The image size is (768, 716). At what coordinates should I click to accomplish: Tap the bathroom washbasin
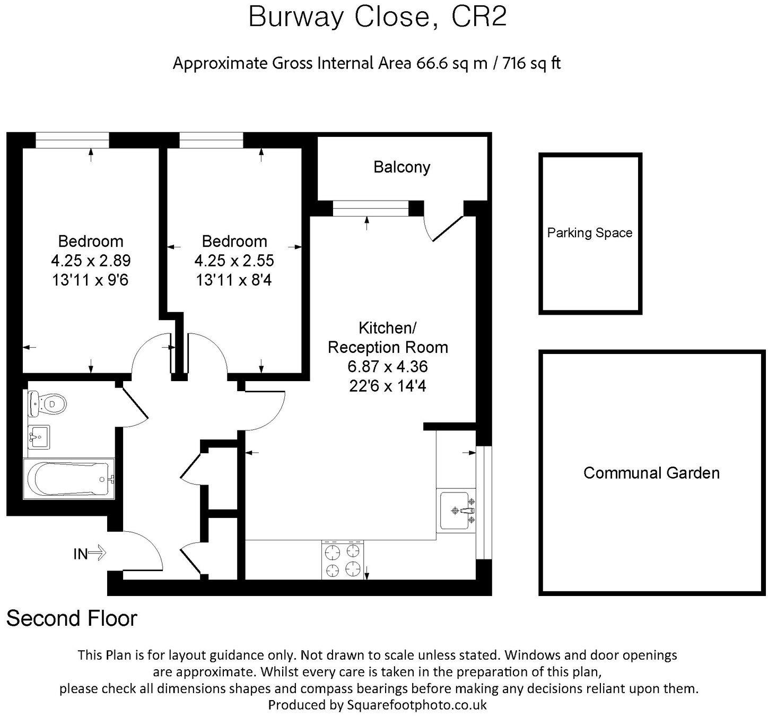click(x=38, y=437)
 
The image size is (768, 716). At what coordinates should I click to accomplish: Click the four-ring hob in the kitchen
click(x=343, y=560)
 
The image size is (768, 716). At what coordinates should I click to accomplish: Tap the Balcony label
click(x=402, y=167)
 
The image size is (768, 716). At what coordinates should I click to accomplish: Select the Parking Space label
click(x=589, y=232)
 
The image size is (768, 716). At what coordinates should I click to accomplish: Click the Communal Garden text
click(x=651, y=473)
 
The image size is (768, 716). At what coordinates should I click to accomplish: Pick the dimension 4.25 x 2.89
click(x=91, y=261)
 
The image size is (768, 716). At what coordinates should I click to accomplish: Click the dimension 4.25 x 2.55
click(x=234, y=261)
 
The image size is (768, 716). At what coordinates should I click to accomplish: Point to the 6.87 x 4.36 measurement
click(x=388, y=367)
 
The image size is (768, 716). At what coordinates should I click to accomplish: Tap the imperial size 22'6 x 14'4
click(x=388, y=386)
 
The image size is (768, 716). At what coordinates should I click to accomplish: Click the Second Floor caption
click(x=72, y=618)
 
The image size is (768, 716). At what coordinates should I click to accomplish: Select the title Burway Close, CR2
click(x=378, y=17)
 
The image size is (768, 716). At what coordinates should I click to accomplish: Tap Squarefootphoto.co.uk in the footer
click(x=416, y=705)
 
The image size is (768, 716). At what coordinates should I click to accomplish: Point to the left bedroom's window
click(x=72, y=140)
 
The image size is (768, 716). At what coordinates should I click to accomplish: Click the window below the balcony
click(x=371, y=209)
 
